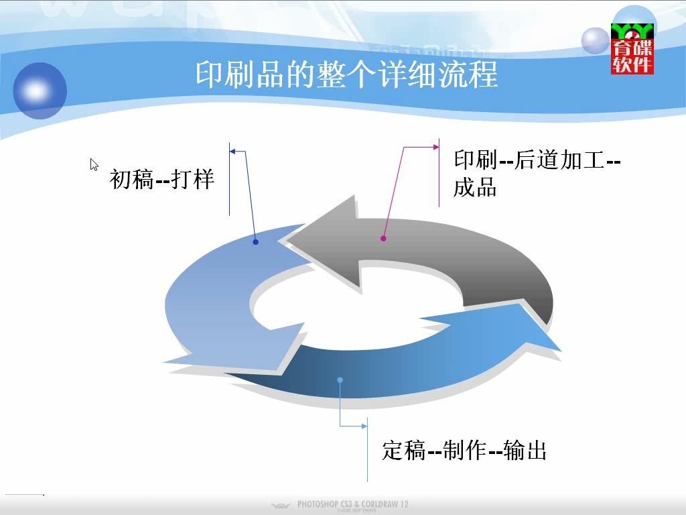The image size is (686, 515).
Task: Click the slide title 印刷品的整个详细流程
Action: [x=346, y=74]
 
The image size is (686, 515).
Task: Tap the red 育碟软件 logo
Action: [x=632, y=48]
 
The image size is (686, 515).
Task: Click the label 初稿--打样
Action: [x=162, y=178]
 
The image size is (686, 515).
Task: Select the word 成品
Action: [x=475, y=187]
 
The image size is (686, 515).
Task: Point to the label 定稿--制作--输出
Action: [x=464, y=450]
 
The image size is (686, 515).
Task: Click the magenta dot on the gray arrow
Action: [x=383, y=238]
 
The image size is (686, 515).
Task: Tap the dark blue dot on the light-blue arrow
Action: [x=255, y=241]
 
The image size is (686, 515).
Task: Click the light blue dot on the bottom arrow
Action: [x=340, y=380]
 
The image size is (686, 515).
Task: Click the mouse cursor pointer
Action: [x=94, y=165]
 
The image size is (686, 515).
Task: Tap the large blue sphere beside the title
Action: [x=40, y=91]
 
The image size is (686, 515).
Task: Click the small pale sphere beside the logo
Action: [x=596, y=41]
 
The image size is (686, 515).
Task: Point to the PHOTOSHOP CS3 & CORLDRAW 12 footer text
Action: [x=352, y=504]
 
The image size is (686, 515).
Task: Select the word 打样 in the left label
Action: [x=192, y=178]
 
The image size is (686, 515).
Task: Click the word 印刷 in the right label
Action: [x=475, y=160]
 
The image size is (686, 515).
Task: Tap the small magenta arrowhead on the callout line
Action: [x=436, y=147]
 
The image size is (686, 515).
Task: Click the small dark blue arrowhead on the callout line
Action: [x=232, y=152]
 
